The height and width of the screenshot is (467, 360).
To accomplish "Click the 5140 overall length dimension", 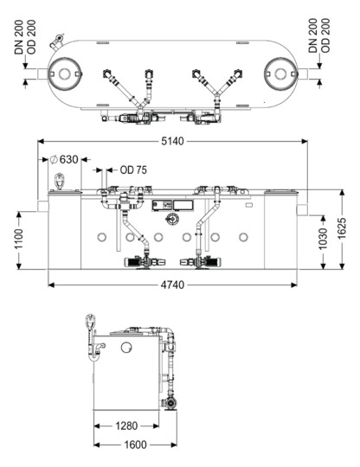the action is coord(172,141).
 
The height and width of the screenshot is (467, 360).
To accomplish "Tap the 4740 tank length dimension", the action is coord(172,285).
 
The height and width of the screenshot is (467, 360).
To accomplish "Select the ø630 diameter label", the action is coord(64,159).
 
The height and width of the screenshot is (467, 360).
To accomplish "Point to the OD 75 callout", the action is coord(133,170).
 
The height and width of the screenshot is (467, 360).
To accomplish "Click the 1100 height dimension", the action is coord(19,239).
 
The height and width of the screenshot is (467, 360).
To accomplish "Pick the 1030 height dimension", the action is coord(323,239).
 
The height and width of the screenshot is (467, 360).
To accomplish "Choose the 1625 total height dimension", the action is coord(342,228).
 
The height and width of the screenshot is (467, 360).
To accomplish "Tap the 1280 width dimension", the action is coord(126,425).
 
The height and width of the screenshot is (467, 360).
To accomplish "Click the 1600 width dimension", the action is coord(135,445).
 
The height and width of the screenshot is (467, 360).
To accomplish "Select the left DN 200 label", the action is coord(19,37).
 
